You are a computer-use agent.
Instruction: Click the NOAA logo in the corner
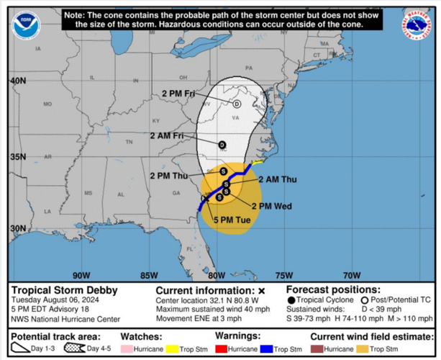tap(26, 25)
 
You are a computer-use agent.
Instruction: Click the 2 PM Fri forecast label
tap(178, 94)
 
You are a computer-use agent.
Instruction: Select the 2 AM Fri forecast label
tap(166, 135)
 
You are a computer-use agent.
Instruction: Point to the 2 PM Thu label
tap(168, 175)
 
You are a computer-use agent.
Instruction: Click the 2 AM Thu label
tap(277, 179)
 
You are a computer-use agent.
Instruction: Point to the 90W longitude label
tap(81, 274)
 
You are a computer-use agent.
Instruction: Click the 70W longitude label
tap(351, 274)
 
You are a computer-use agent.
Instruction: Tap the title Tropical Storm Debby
tap(64, 291)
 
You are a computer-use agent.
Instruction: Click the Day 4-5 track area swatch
tap(75, 348)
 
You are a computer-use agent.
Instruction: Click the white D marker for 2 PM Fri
tap(236, 104)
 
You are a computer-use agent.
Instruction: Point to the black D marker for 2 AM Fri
tap(222, 145)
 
